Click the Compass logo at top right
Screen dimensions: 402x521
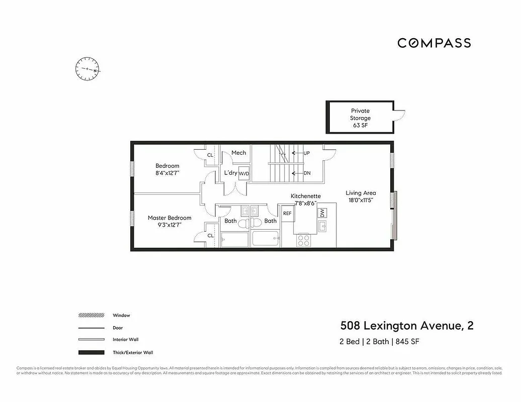(x=434, y=43)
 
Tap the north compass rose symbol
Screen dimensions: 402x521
(x=87, y=68)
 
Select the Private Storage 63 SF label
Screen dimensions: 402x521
(x=360, y=118)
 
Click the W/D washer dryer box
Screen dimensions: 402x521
(x=244, y=173)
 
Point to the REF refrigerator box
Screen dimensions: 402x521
(x=287, y=214)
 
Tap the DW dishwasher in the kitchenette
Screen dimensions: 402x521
(x=321, y=213)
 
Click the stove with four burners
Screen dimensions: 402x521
(x=304, y=240)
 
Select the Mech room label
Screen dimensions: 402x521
(x=238, y=153)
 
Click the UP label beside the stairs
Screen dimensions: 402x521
(x=306, y=153)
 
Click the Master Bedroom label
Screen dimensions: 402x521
(x=169, y=218)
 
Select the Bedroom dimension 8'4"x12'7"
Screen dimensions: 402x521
(x=167, y=173)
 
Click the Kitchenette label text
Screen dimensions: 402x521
(x=305, y=196)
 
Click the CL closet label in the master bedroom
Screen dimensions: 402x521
(x=210, y=235)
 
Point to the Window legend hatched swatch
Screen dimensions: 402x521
(x=91, y=316)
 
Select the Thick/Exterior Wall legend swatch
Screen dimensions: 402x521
(x=91, y=352)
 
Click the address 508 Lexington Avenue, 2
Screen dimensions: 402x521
(x=406, y=326)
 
